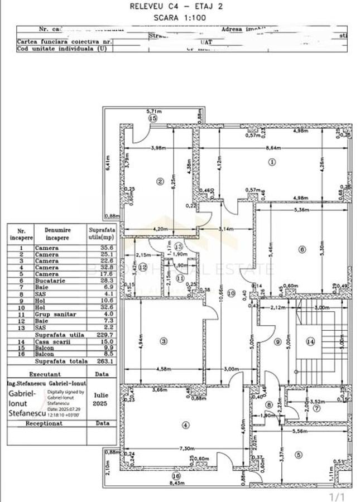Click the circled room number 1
272,162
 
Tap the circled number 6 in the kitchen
302,249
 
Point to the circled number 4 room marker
186,424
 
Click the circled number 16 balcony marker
176,476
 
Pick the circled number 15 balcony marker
152,118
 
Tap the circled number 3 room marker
164,340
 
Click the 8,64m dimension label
272,148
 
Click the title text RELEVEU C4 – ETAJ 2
179,7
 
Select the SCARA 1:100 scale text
179,18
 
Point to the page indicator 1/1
338,496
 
